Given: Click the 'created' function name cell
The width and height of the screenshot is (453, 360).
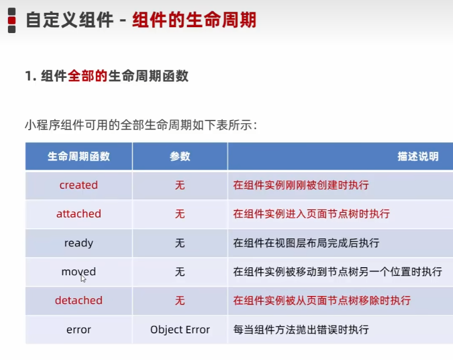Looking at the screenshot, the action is pos(78,185).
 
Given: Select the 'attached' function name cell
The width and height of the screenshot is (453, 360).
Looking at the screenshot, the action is pos(78,214).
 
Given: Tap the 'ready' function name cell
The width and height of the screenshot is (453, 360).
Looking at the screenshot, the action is pos(78,243).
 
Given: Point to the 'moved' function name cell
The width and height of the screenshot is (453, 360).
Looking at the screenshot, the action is pos(78,272).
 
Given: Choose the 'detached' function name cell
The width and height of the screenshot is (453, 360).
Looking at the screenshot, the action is pos(78,300).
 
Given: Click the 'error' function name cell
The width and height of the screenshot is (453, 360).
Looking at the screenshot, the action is pos(78,330).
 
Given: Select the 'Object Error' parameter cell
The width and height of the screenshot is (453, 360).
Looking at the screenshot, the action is pos(180,330).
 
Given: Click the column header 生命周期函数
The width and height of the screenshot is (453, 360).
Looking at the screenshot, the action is pos(78,156).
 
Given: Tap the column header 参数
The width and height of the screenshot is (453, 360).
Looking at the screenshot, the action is pos(180,156).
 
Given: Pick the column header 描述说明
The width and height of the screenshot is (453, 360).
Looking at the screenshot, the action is pos(418,156).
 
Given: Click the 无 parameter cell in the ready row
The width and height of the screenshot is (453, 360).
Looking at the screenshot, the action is pos(180,243).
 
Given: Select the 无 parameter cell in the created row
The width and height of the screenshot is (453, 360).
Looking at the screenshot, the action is pos(180,185).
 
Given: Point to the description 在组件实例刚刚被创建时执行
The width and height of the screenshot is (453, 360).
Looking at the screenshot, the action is pos(301,185).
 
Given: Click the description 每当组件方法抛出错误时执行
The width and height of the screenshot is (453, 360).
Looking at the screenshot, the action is pos(301,330).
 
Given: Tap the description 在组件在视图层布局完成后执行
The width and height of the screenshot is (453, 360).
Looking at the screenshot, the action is pos(306,243).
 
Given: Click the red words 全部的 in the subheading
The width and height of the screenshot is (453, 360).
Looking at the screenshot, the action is pos(87,76).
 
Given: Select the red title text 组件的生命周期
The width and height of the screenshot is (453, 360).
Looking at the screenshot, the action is pos(194,20).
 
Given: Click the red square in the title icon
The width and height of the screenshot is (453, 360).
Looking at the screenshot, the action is pos(12,20).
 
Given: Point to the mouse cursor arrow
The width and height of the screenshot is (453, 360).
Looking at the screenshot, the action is pos(83,278).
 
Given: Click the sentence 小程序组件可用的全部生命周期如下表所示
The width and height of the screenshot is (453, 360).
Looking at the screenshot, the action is pos(141,125).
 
